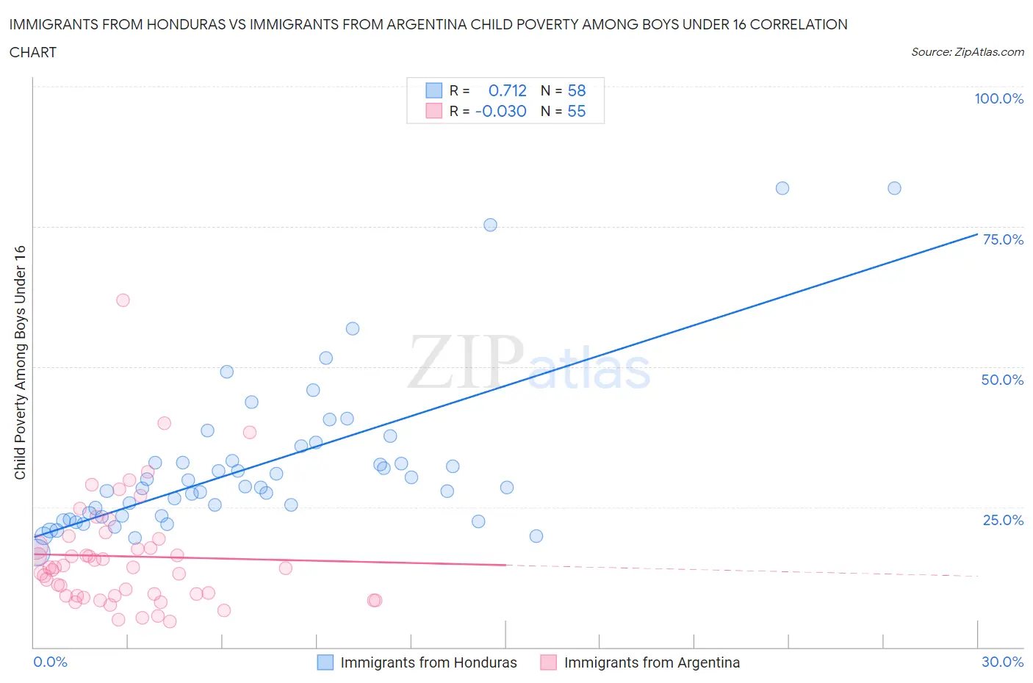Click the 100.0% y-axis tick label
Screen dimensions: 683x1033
(998, 98)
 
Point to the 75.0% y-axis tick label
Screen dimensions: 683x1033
(1003, 239)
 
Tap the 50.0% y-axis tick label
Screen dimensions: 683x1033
(1002, 380)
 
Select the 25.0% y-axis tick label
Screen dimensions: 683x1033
(1003, 520)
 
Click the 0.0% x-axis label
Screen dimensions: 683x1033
(50, 662)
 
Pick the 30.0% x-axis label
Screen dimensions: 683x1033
(1002, 662)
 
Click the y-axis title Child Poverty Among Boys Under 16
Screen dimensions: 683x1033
(20, 362)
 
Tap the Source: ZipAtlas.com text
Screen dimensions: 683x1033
(967, 52)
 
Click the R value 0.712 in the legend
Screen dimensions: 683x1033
(507, 90)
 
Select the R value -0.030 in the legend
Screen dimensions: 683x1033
(501, 111)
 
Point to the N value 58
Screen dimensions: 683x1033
(577, 90)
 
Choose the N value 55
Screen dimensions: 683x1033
(577, 111)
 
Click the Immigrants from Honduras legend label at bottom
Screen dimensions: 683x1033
(428, 662)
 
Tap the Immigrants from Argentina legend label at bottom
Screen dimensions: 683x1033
(652, 662)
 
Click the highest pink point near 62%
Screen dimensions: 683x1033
(123, 300)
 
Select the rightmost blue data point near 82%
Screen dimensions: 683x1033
(894, 188)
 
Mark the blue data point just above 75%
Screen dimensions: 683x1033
(490, 225)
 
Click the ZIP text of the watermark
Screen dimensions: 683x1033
(464, 362)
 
